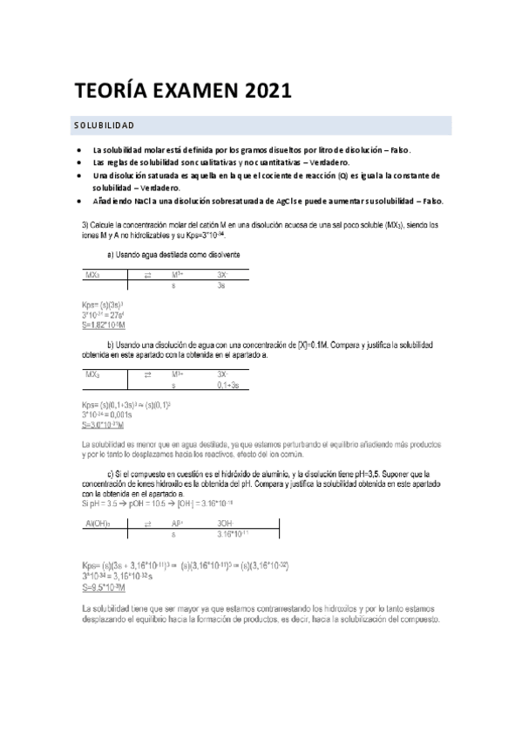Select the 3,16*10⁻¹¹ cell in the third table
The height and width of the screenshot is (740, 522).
coord(236,532)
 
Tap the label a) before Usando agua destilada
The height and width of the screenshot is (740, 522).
coord(111,254)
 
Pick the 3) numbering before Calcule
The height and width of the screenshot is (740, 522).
coord(84,225)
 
